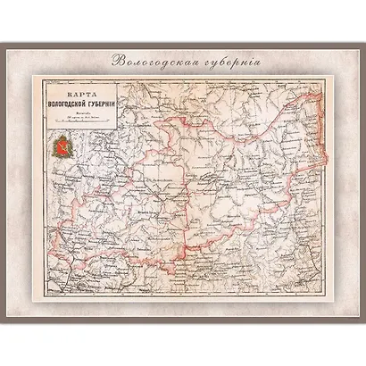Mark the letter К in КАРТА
(x=60, y=92)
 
